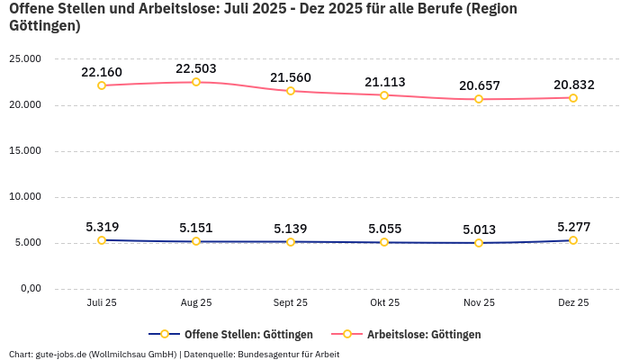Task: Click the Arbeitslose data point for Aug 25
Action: (x=196, y=82)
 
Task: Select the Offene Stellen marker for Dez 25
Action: (x=572, y=240)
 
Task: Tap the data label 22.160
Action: (x=102, y=72)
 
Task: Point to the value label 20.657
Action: (x=479, y=85)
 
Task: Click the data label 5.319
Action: (x=102, y=227)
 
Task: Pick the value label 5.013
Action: (x=479, y=229)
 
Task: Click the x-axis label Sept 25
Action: (x=290, y=302)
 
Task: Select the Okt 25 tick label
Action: (x=384, y=302)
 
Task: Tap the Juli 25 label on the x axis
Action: (x=102, y=302)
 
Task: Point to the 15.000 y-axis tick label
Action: (x=24, y=150)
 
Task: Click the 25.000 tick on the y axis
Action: (x=24, y=58)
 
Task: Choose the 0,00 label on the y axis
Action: (x=30, y=288)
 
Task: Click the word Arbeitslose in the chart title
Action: (x=166, y=9)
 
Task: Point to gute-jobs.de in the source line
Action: (x=60, y=354)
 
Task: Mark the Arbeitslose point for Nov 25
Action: (x=479, y=99)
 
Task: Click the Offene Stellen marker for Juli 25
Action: (x=102, y=240)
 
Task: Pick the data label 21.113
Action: (x=384, y=82)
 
